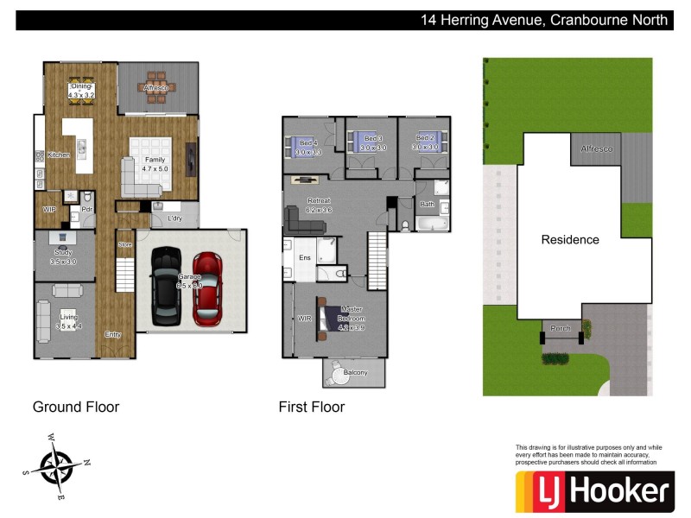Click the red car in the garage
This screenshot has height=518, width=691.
click(208, 287)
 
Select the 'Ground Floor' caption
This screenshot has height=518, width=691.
click(76, 407)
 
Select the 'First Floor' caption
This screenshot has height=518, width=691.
click(311, 407)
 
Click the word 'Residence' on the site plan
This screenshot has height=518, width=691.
click(570, 239)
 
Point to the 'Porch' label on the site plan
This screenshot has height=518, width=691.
click(561, 327)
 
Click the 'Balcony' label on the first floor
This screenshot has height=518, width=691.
click(355, 373)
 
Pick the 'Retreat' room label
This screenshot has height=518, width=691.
click(320, 201)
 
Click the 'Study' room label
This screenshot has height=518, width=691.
click(64, 252)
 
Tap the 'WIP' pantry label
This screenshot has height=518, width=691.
click(50, 210)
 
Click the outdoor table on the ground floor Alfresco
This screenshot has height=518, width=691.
click(156, 86)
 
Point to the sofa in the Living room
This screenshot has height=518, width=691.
click(44, 320)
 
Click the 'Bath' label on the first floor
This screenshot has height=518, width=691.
click(427, 205)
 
